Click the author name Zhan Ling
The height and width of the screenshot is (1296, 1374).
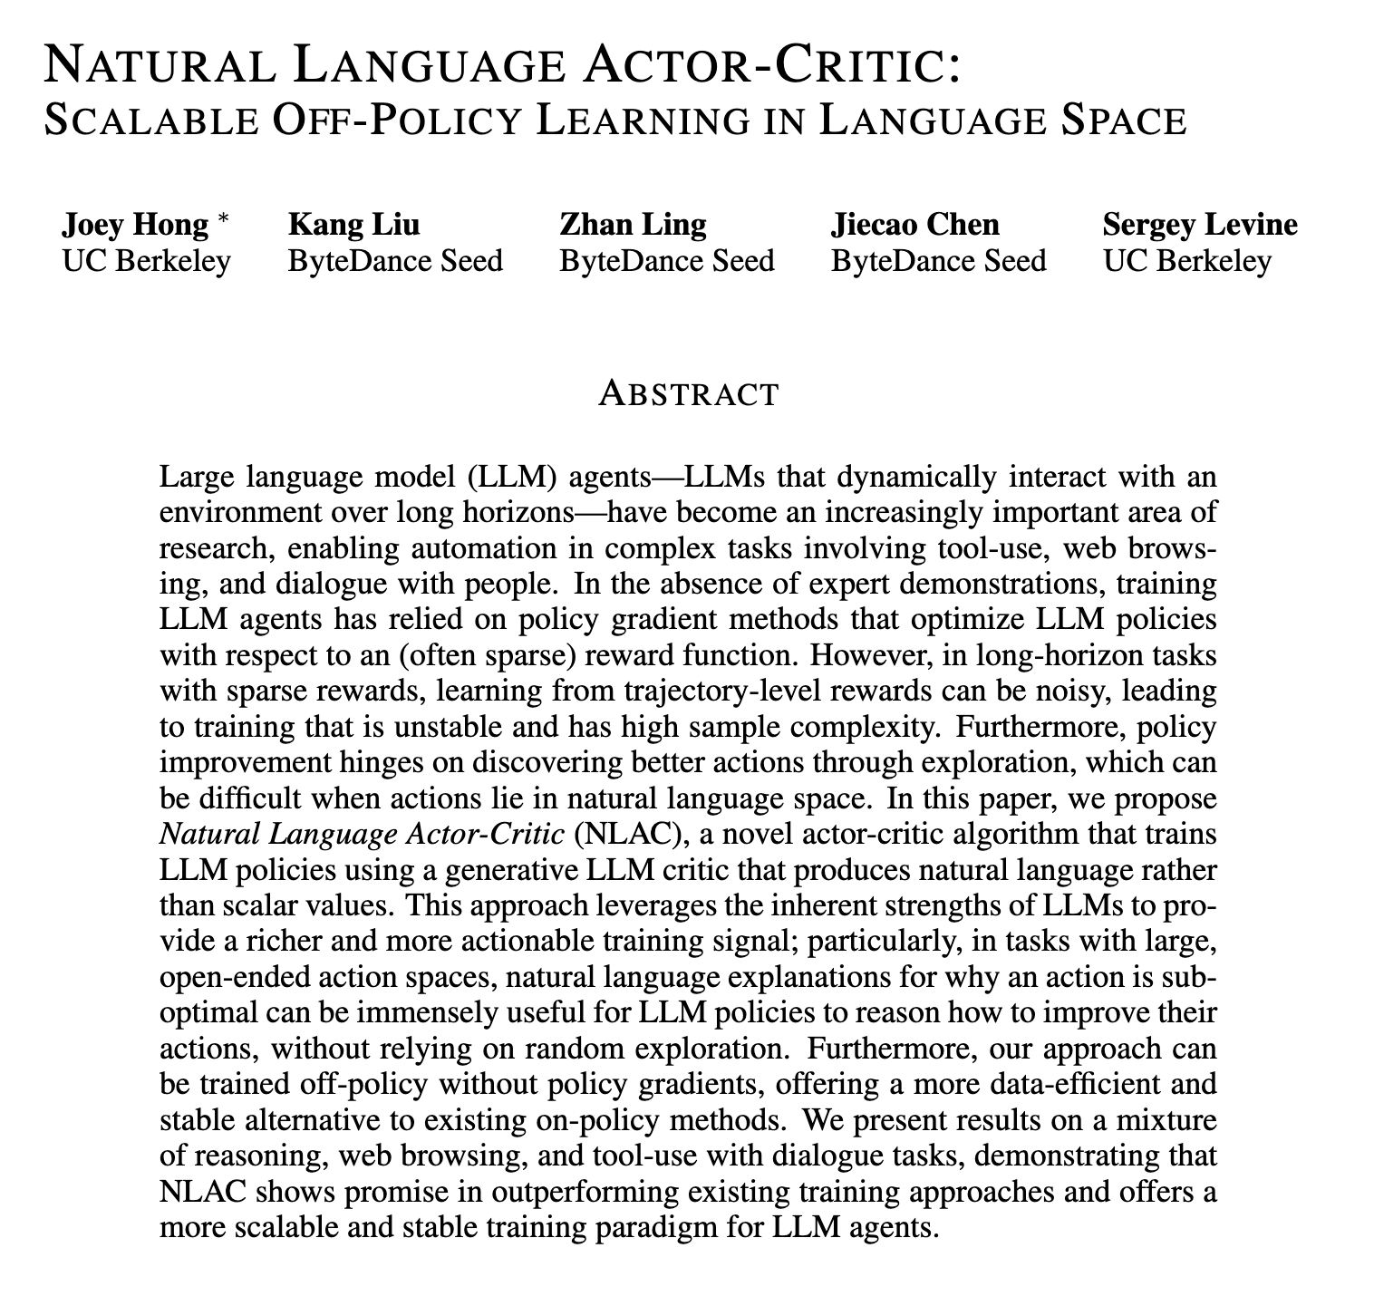[x=633, y=225]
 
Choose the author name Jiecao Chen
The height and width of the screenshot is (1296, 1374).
[x=915, y=225]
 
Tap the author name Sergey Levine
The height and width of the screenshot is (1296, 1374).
[x=1200, y=225]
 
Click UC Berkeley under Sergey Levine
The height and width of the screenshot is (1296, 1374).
[x=1187, y=262]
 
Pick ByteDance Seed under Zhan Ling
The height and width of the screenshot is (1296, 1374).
[x=667, y=262]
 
